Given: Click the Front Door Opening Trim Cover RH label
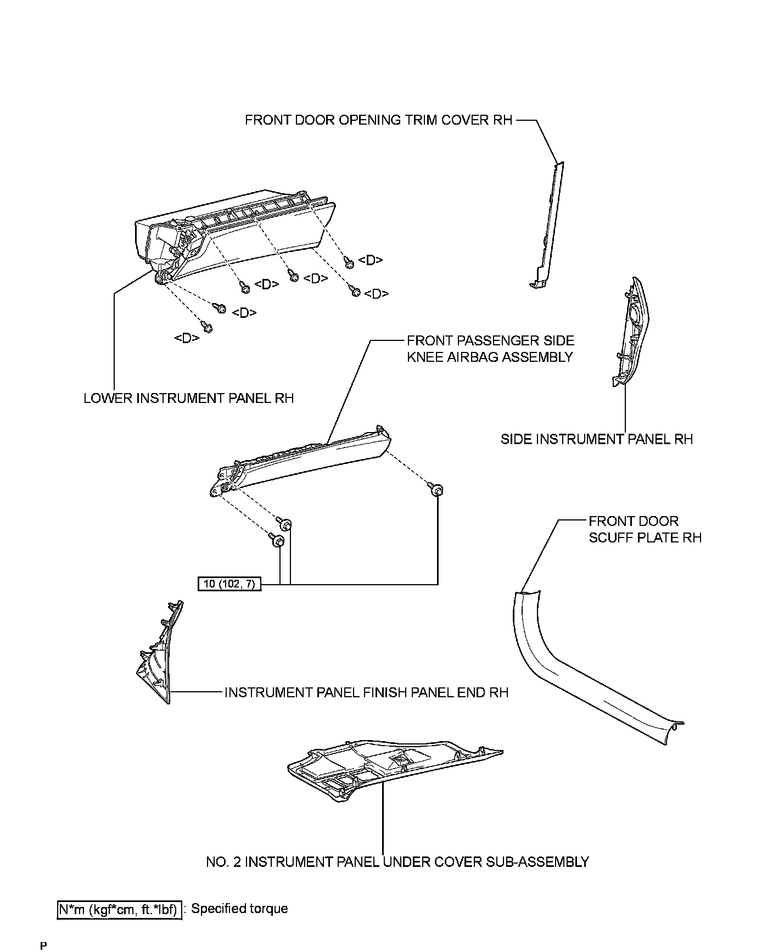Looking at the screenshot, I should pyautogui.click(x=378, y=120).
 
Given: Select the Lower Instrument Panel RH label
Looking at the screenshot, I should pyautogui.click(x=188, y=398).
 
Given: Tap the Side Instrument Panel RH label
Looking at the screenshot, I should pyautogui.click(x=597, y=439).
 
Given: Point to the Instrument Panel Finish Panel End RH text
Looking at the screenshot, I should pyautogui.click(x=366, y=692).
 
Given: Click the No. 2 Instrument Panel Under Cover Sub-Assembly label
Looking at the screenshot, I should pyautogui.click(x=397, y=862).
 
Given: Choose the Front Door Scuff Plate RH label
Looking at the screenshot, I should pyautogui.click(x=645, y=529).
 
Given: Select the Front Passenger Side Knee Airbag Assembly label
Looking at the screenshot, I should pyautogui.click(x=490, y=349).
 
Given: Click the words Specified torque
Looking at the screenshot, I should pyautogui.click(x=239, y=909).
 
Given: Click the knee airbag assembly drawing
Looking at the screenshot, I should pyautogui.click(x=302, y=461).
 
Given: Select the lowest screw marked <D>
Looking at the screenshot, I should pyautogui.click(x=208, y=327).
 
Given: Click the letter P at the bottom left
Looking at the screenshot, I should pyautogui.click(x=43, y=946).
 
